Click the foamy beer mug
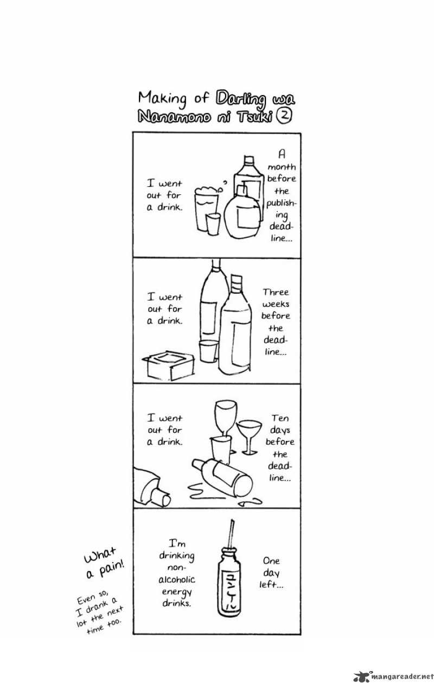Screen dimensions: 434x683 point(207,209)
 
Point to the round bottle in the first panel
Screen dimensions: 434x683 point(242,212)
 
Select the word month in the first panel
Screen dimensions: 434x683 point(282,167)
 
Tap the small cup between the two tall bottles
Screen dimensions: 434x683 point(209,351)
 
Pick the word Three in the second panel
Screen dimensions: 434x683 point(276,293)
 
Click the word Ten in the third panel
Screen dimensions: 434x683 point(280,418)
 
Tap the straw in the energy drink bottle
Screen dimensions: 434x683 point(231,536)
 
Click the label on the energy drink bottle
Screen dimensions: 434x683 point(229,588)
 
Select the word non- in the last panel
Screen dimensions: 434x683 point(176,568)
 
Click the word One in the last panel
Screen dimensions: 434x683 point(271,561)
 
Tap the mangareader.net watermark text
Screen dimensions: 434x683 point(401,676)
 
